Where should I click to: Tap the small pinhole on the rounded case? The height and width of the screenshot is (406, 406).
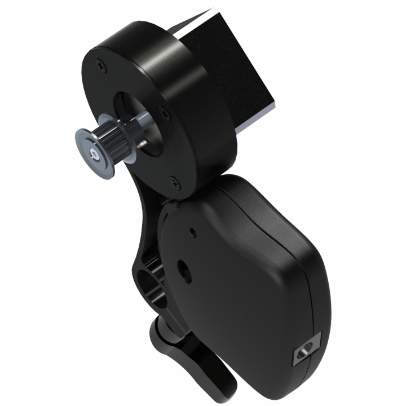(x=193, y=230)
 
